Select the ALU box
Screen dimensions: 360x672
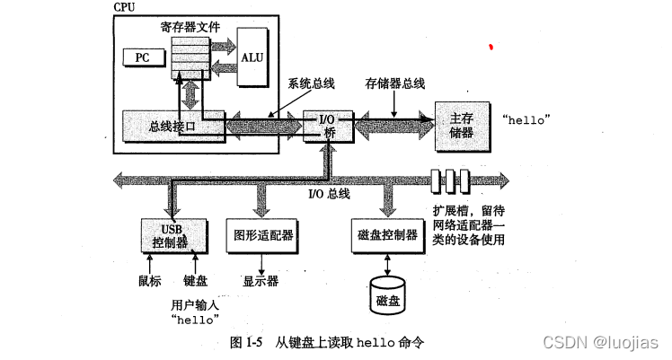pyautogui.click(x=252, y=57)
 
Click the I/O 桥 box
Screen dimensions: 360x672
pyautogui.click(x=324, y=126)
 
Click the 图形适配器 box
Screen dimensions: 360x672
pyautogui.click(x=261, y=234)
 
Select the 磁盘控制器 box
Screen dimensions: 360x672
pyautogui.click(x=387, y=234)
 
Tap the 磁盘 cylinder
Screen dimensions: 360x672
pyautogui.click(x=387, y=299)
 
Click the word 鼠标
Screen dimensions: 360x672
pyautogui.click(x=149, y=280)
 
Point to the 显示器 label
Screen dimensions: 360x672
pyautogui.click(x=261, y=280)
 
